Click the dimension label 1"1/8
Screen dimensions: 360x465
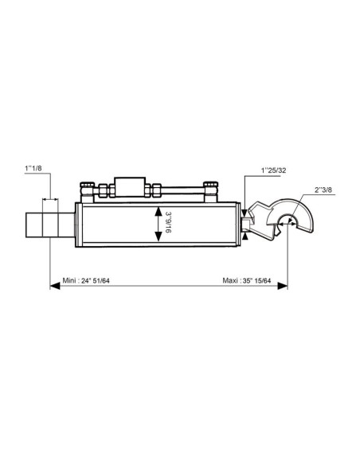[33, 169]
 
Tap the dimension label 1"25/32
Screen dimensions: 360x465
[273, 170]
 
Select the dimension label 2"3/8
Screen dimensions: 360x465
[323, 190]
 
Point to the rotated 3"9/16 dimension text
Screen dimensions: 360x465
[168, 222]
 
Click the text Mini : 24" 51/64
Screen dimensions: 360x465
[86, 280]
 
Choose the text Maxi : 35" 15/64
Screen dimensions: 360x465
[247, 280]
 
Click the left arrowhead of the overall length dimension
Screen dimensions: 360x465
[55, 286]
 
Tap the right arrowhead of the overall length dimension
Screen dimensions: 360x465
[282, 286]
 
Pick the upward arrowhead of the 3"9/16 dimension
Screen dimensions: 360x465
[158, 212]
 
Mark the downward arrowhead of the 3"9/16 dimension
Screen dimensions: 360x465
[158, 236]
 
